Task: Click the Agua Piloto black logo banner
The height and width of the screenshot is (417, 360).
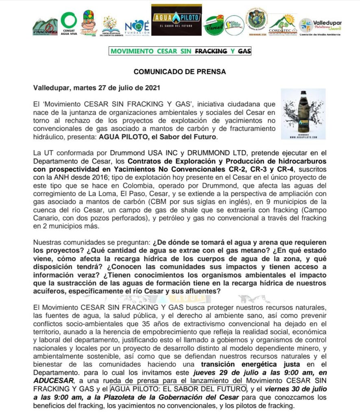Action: click(177, 20)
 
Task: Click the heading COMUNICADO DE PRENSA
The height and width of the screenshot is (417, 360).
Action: click(180, 71)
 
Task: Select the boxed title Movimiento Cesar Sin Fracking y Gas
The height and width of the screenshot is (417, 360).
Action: click(180, 51)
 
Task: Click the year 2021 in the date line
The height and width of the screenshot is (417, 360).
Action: click(152, 88)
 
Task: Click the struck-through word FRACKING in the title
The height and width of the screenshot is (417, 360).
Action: click(211, 51)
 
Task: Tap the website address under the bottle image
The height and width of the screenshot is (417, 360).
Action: click(303, 137)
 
